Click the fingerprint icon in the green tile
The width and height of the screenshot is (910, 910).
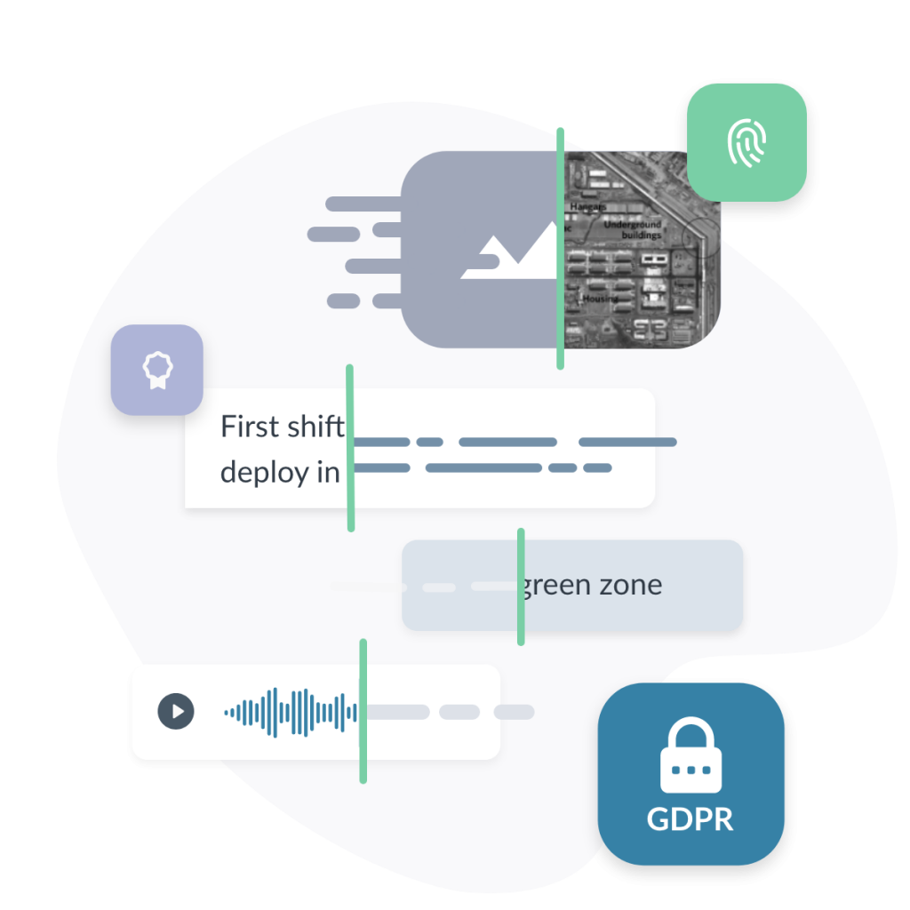coord(746,142)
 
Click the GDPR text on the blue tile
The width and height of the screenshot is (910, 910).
coord(690,818)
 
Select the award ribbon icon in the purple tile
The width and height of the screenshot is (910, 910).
coord(156,370)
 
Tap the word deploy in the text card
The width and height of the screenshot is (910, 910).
coord(264,473)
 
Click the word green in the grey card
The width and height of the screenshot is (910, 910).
coord(558,586)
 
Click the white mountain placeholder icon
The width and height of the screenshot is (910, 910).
coord(507,253)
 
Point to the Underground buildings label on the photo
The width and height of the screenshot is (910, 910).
coord(633,230)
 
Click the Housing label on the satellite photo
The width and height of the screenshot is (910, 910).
coord(600,299)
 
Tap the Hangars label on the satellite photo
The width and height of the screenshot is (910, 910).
coord(587,206)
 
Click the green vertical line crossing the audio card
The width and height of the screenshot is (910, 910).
coord(363,711)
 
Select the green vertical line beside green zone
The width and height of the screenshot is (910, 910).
coord(521,587)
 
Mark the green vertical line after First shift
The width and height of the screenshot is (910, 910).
coord(350,448)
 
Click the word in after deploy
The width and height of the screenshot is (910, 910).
coord(329,473)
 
